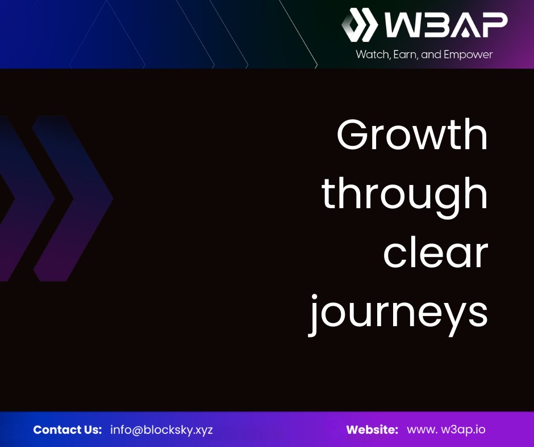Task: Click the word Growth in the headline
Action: pyautogui.click(x=412, y=135)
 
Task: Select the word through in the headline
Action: pyautogui.click(x=405, y=194)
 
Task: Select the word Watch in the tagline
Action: pyautogui.click(x=370, y=55)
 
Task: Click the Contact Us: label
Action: pyautogui.click(x=68, y=429)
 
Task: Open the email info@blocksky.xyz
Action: pyautogui.click(x=161, y=429)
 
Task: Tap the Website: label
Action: pyautogui.click(x=372, y=429)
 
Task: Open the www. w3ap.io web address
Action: pyautogui.click(x=446, y=429)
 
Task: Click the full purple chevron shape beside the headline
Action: pyautogui.click(x=72, y=199)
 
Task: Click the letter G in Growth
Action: pyautogui.click(x=353, y=135)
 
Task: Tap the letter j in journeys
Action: pyautogui.click(x=314, y=315)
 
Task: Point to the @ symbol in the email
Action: pyautogui.click(x=136, y=429)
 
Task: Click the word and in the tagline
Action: pyautogui.click(x=431, y=55)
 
